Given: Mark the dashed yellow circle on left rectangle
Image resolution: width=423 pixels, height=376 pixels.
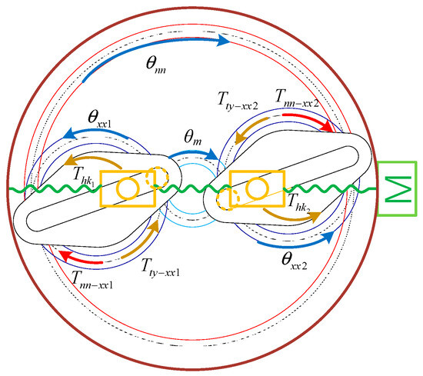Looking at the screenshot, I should click(158, 177).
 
